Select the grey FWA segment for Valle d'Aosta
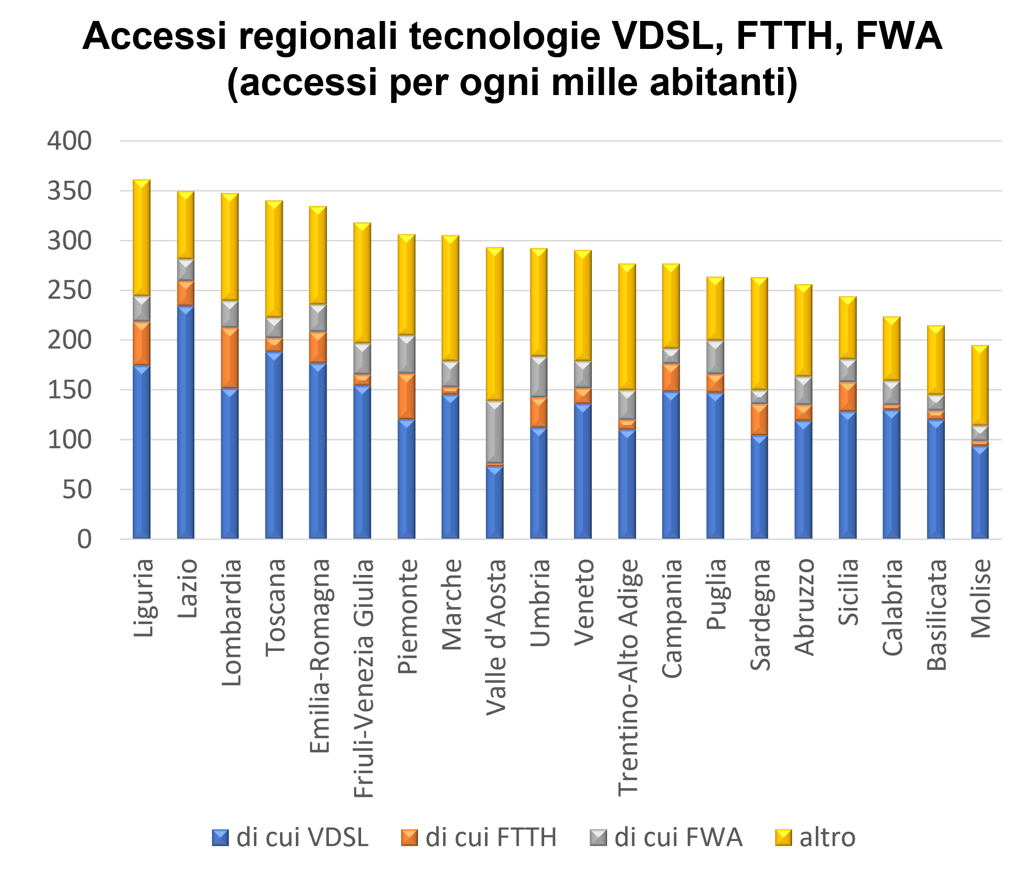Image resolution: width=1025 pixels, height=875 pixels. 494,432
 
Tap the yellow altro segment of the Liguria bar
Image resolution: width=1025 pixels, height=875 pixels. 142,238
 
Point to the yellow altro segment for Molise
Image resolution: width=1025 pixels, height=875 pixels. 979,385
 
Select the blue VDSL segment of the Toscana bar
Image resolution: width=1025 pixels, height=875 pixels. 273,445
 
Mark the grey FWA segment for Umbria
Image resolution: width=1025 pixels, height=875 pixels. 538,377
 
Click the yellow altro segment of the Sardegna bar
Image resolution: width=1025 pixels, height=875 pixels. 759,334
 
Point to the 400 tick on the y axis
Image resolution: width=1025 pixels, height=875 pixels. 70,141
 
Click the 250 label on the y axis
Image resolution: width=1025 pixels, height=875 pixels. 70,290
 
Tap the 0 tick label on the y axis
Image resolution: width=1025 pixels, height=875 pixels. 84,539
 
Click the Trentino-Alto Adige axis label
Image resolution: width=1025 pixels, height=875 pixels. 628,677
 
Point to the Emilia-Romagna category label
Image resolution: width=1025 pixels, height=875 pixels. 319,656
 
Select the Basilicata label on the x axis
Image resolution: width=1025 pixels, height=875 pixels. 936,615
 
